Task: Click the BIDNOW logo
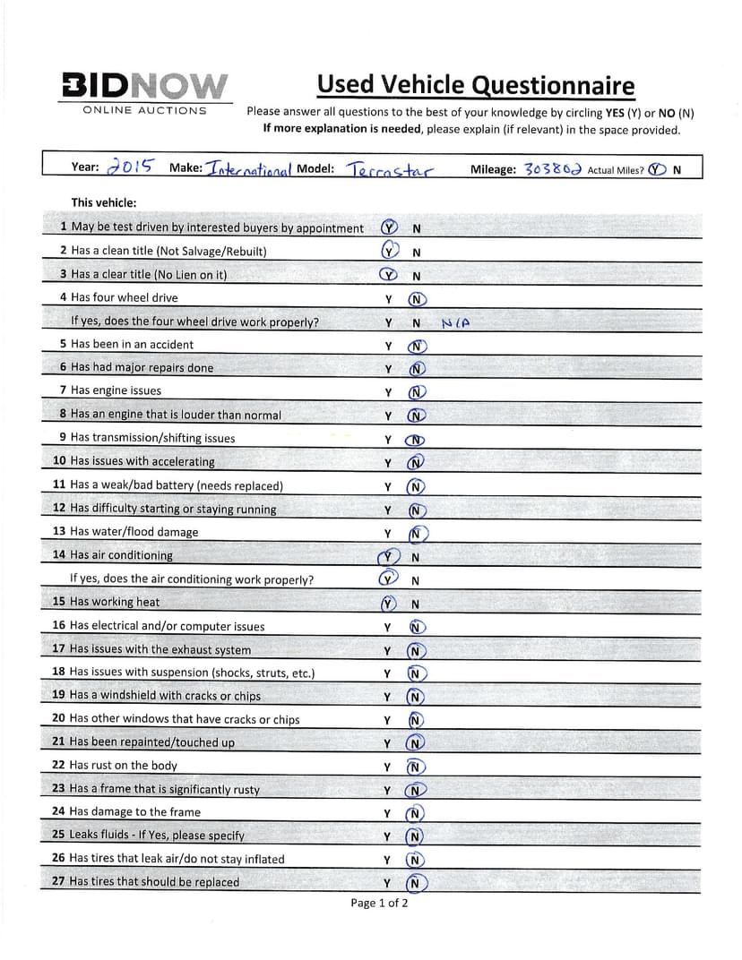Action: tap(143, 85)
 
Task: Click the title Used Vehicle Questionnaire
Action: tap(475, 85)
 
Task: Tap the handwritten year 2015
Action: tap(130, 167)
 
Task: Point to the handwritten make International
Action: tap(250, 168)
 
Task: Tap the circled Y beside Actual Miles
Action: tap(658, 168)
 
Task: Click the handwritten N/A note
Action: tap(456, 323)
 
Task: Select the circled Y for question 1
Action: tap(389, 227)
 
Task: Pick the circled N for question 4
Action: tap(417, 299)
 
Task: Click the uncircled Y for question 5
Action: tap(388, 346)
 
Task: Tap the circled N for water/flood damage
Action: tap(417, 534)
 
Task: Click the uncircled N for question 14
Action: tap(416, 557)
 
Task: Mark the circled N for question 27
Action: tap(416, 884)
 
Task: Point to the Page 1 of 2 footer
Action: tap(379, 903)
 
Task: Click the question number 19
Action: tap(59, 696)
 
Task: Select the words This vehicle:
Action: tap(104, 202)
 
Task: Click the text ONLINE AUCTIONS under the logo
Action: tap(144, 111)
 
